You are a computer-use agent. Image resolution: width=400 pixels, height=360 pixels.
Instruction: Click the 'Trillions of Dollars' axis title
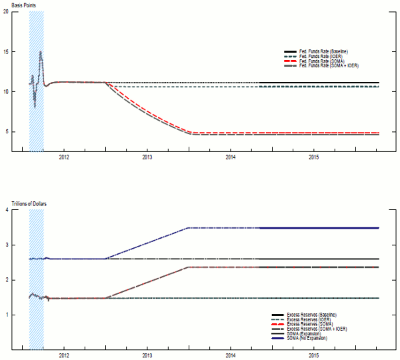point(29,203)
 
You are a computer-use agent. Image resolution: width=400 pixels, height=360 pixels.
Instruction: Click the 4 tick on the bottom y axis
point(7,211)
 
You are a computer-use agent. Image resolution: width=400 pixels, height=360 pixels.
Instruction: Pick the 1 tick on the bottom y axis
point(7,315)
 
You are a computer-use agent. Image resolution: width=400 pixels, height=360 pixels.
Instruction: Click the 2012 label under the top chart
point(64,157)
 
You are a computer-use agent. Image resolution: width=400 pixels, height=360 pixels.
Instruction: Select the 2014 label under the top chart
point(231,157)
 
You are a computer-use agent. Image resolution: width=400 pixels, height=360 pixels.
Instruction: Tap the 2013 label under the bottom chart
point(147,355)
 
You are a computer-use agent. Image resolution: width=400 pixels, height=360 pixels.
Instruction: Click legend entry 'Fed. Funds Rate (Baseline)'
point(324,52)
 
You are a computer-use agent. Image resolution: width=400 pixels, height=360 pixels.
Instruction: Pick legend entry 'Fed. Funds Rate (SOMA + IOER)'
point(327,65)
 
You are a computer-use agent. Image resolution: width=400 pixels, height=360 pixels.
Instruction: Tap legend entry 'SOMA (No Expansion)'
point(307,338)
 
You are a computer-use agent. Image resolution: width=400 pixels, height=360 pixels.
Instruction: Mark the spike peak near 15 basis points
point(41,52)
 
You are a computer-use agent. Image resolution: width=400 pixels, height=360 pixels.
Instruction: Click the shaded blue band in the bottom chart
point(37,267)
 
